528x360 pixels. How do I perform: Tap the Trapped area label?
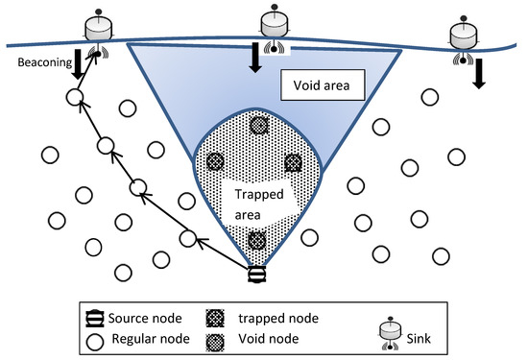coord(254,203)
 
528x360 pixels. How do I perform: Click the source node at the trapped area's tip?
coord(257,275)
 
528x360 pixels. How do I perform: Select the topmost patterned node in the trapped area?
coord(259,125)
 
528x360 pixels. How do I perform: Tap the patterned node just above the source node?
coord(256,241)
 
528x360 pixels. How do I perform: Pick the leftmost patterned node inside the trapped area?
coord(215,162)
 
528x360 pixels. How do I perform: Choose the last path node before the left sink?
coord(73,97)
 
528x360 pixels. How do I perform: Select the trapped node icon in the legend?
coord(214,315)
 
